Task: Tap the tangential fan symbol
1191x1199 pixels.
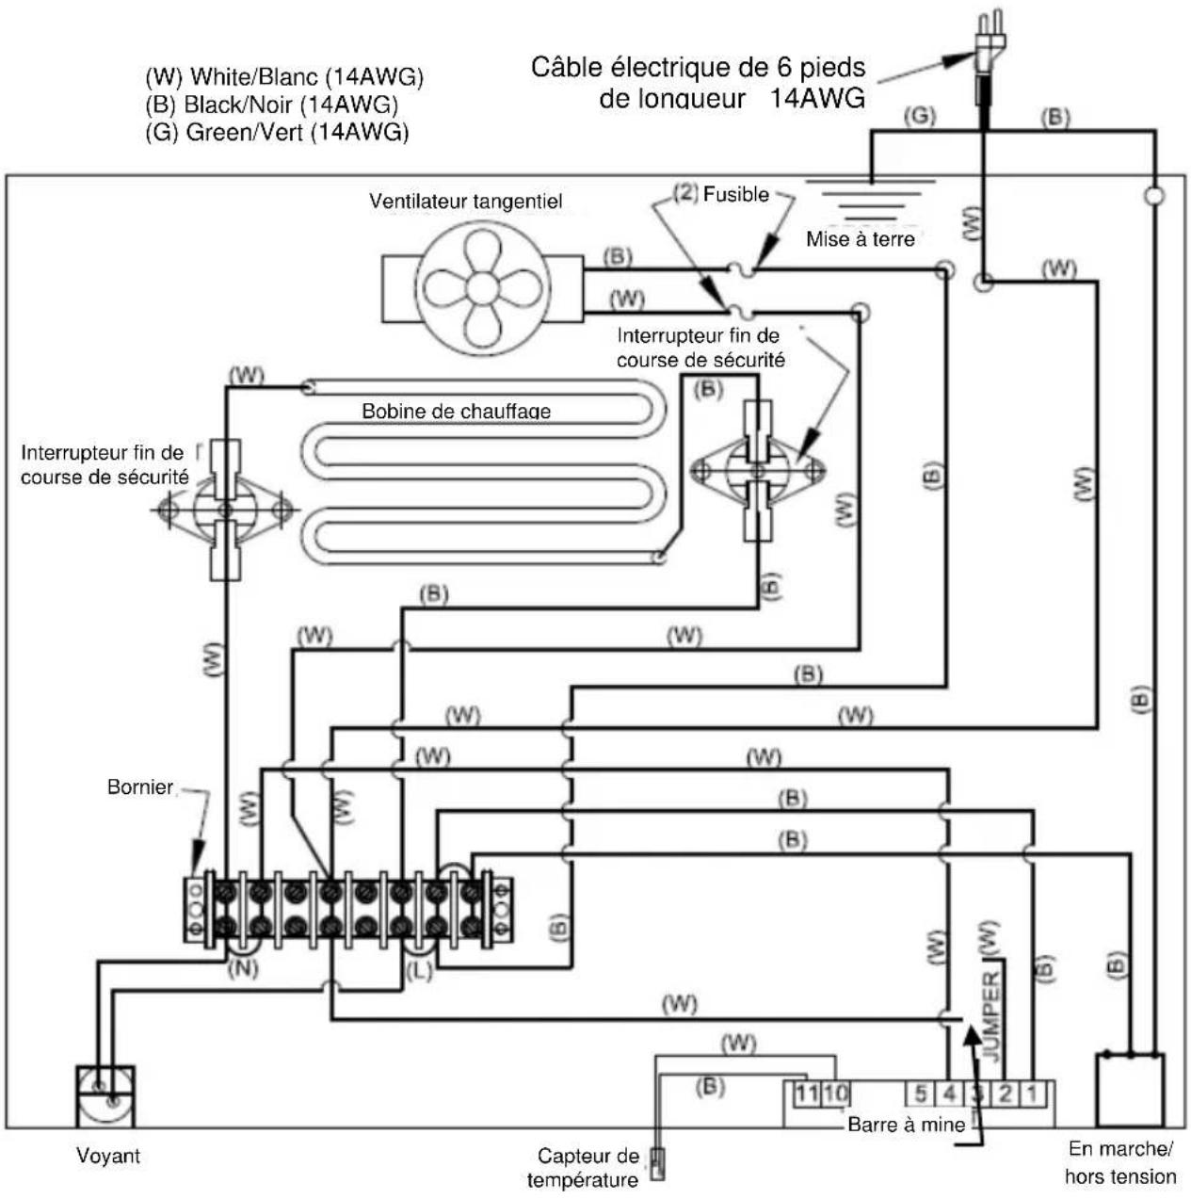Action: tap(483, 287)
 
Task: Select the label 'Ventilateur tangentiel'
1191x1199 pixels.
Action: tap(465, 202)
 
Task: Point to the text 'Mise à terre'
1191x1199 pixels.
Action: tap(861, 239)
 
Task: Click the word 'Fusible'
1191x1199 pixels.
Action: tap(736, 194)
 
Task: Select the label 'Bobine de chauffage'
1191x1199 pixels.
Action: tap(456, 411)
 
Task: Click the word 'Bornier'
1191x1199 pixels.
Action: tap(140, 786)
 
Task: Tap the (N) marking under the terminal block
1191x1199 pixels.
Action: tap(243, 968)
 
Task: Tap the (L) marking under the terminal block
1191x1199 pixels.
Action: tap(419, 971)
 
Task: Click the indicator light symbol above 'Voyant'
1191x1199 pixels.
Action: tap(105, 1096)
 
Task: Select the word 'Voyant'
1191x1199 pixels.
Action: tap(108, 1156)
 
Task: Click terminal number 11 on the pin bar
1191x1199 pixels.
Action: tap(807, 1094)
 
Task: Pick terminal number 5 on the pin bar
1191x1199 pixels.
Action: tap(921, 1094)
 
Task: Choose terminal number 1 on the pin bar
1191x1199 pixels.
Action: tap(1032, 1094)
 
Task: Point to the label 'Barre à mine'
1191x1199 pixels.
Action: tap(906, 1125)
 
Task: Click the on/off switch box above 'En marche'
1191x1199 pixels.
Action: tap(1130, 1090)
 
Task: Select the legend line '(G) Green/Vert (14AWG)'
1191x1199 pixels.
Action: tap(277, 132)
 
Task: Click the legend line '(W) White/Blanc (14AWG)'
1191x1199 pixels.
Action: tap(284, 77)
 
